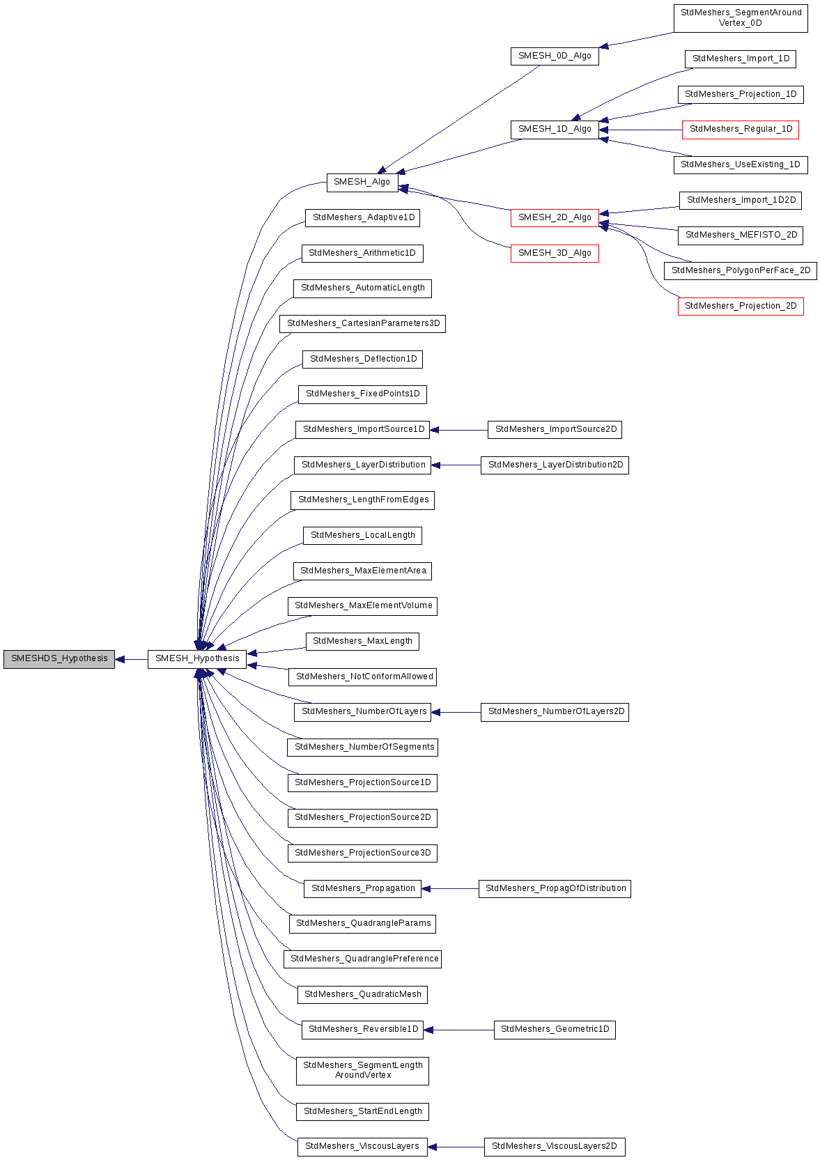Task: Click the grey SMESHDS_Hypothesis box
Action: (59, 659)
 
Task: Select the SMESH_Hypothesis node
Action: (197, 659)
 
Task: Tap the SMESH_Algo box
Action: (362, 183)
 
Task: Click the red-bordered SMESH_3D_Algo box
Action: (555, 254)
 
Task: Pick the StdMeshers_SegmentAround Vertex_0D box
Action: (741, 18)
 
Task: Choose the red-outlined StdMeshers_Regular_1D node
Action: (741, 130)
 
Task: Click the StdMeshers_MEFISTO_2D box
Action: (741, 235)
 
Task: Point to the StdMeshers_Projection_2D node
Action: (741, 307)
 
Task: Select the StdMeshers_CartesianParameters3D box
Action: (362, 324)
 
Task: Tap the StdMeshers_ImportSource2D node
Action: (555, 430)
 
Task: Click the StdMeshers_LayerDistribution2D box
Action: (555, 465)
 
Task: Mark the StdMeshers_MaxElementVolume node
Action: (362, 606)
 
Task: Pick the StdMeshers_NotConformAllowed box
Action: (362, 676)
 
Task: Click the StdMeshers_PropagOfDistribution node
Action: (555, 889)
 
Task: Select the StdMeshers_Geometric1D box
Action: (555, 1030)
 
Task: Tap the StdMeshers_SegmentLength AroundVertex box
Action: (362, 1071)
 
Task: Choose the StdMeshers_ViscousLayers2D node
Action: (555, 1147)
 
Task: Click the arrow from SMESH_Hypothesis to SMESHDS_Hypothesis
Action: (132, 659)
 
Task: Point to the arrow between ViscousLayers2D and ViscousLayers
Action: (456, 1147)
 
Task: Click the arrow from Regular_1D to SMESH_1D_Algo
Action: (641, 130)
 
